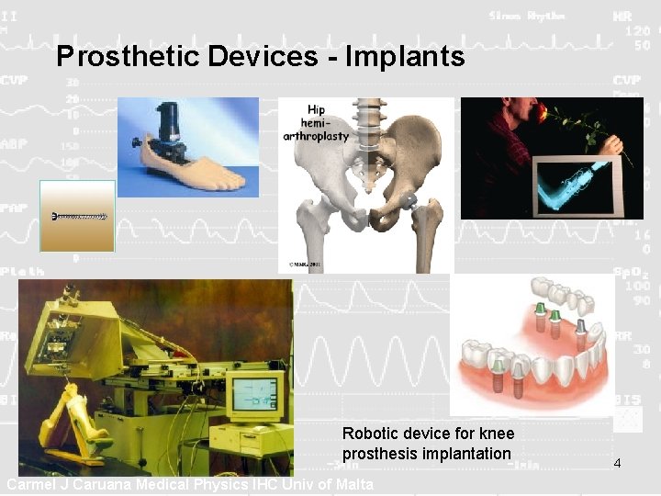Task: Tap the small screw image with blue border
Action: (78, 217)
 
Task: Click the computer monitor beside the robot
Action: (254, 394)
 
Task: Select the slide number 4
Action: (617, 463)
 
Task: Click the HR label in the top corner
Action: (622, 17)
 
